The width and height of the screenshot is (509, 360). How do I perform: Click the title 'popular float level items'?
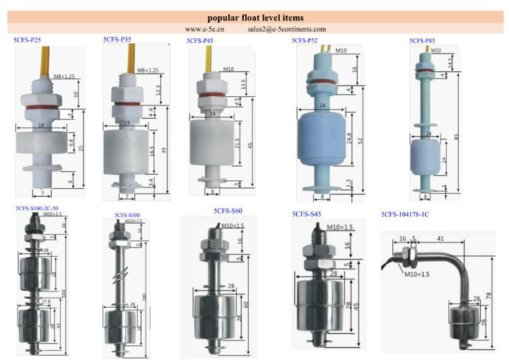(255, 17)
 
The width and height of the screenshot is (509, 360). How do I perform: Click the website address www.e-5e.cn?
(204, 30)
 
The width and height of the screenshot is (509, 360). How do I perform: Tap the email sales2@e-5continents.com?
(287, 30)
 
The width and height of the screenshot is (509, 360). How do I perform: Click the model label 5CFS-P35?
(117, 40)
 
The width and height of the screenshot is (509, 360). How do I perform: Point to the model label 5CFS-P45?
(201, 41)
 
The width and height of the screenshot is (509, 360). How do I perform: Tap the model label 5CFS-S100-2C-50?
(42, 209)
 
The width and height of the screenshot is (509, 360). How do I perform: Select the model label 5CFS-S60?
(228, 211)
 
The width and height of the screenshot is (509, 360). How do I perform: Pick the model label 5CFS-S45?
(307, 214)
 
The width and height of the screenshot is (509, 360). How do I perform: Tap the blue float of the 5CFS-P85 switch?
(425, 157)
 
